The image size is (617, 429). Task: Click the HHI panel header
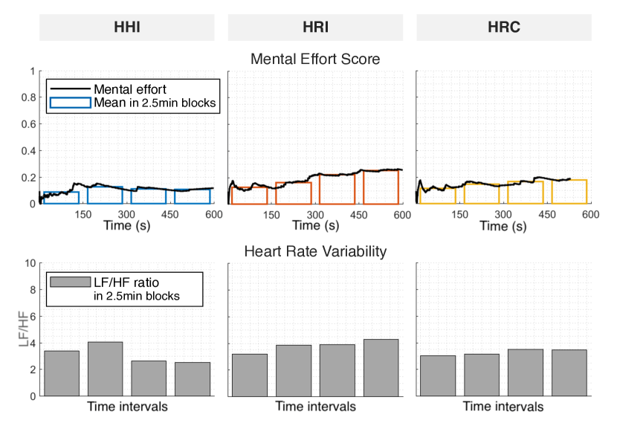coord(129,28)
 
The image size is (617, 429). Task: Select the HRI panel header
coord(316,28)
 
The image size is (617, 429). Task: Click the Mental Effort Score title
coord(315,59)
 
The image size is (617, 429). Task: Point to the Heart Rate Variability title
coord(315,251)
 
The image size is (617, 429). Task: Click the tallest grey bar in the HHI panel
coord(105,368)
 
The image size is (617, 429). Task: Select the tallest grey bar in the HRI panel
coord(381,367)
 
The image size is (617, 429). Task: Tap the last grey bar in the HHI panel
coord(192,378)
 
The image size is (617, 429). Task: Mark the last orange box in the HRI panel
coord(381,186)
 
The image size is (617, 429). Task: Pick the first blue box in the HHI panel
coord(61,197)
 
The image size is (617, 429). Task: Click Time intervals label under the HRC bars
coord(503,407)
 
